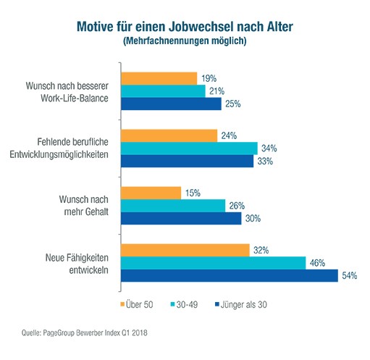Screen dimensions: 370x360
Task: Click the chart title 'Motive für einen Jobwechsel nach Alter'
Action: point(185,27)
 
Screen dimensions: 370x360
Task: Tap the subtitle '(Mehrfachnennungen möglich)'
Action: point(185,41)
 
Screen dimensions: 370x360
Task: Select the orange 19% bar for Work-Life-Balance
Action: point(159,78)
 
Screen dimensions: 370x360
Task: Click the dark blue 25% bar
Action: point(171,104)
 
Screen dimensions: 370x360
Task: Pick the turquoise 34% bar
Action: point(189,148)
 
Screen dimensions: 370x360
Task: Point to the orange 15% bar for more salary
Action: point(151,193)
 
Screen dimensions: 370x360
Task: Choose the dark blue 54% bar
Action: point(230,275)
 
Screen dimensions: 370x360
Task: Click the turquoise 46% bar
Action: point(214,263)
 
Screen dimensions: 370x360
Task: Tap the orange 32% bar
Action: point(185,250)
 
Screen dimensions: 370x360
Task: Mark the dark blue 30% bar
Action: point(181,218)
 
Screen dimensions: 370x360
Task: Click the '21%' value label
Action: point(216,91)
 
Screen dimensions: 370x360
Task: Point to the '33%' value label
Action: point(265,161)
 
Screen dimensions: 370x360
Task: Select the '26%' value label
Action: point(237,206)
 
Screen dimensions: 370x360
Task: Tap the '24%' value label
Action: point(229,135)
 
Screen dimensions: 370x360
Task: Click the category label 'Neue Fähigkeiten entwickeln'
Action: point(77,264)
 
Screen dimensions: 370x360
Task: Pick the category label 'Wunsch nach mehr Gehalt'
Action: point(84,206)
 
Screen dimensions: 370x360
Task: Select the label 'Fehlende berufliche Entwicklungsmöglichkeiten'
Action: point(59,148)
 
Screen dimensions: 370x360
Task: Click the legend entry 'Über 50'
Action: point(137,304)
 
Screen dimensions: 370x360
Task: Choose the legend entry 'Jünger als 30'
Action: point(241,304)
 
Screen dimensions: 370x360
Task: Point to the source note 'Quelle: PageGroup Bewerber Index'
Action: point(72,332)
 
